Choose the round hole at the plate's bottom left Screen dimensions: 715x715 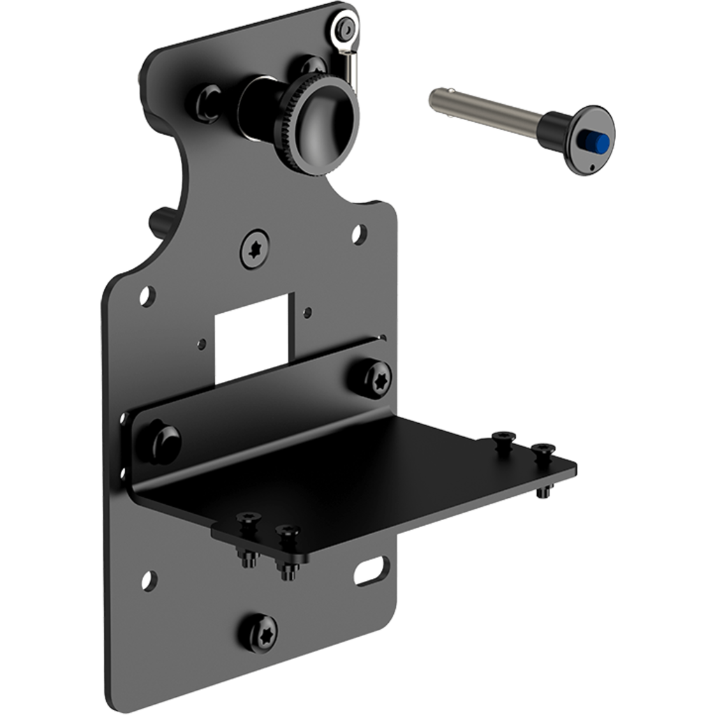(148, 578)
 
